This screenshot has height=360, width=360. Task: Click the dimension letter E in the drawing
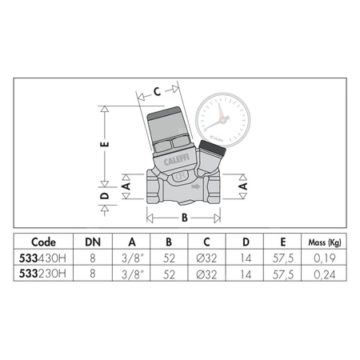[x=104, y=146]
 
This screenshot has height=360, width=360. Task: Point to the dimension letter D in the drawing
[x=104, y=194]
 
